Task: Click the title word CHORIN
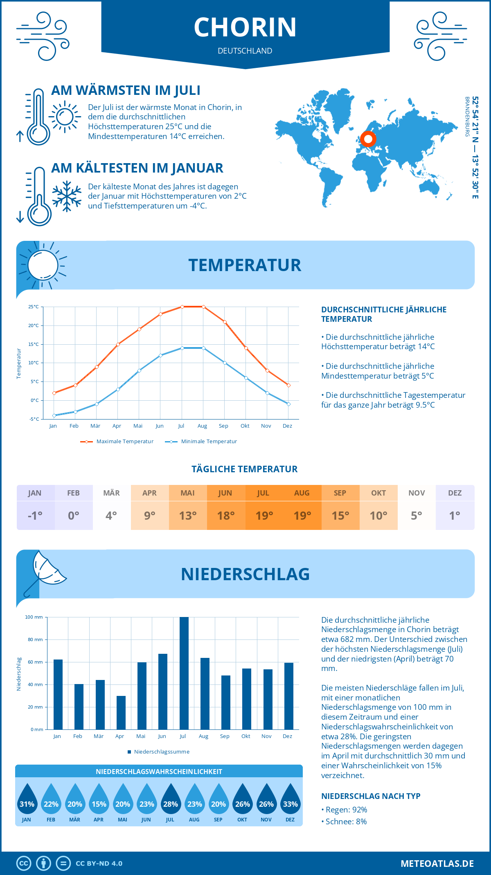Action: click(x=245, y=27)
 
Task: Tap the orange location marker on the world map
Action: click(x=368, y=139)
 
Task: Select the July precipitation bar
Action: click(x=184, y=673)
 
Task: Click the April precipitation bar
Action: click(x=121, y=712)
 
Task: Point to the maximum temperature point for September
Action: click(x=225, y=322)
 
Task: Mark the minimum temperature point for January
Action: click(x=54, y=415)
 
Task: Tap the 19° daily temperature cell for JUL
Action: click(x=264, y=516)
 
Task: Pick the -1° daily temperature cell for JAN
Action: click(x=35, y=516)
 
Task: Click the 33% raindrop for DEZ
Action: click(x=290, y=799)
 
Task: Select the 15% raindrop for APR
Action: click(x=99, y=799)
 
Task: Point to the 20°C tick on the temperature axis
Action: click(x=34, y=325)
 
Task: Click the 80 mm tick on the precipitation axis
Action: click(x=35, y=639)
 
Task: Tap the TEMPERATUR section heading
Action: click(x=245, y=265)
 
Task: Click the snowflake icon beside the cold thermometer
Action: click(x=67, y=196)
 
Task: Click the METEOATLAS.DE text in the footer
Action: click(x=437, y=864)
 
